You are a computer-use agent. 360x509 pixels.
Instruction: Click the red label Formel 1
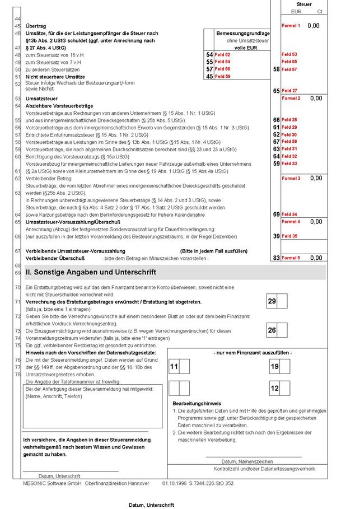291,26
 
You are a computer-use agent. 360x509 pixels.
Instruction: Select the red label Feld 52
222,54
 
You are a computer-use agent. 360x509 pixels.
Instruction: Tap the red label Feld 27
289,90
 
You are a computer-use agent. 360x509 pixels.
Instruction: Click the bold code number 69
276,214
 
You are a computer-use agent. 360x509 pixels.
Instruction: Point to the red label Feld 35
289,236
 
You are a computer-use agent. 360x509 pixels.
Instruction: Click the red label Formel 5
291,258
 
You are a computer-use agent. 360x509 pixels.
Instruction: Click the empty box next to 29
283,302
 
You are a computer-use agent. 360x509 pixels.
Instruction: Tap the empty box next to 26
283,331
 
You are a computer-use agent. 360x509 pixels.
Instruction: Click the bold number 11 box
174,366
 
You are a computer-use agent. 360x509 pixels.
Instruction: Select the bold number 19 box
274,366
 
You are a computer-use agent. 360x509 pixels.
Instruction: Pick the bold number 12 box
274,388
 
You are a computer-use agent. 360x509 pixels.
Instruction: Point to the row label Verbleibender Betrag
49,178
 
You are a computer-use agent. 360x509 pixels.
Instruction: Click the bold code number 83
276,258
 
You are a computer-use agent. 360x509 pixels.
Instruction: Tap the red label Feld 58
289,142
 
